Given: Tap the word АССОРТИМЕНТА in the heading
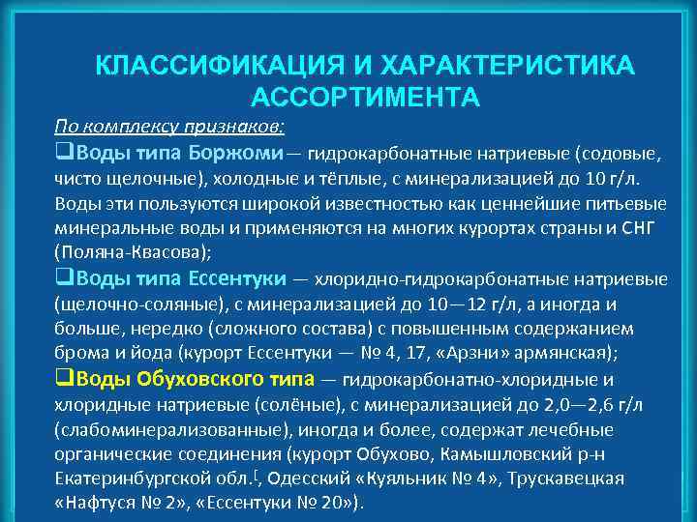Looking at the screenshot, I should click(364, 98).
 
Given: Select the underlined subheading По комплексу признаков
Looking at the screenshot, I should click(169, 126).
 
